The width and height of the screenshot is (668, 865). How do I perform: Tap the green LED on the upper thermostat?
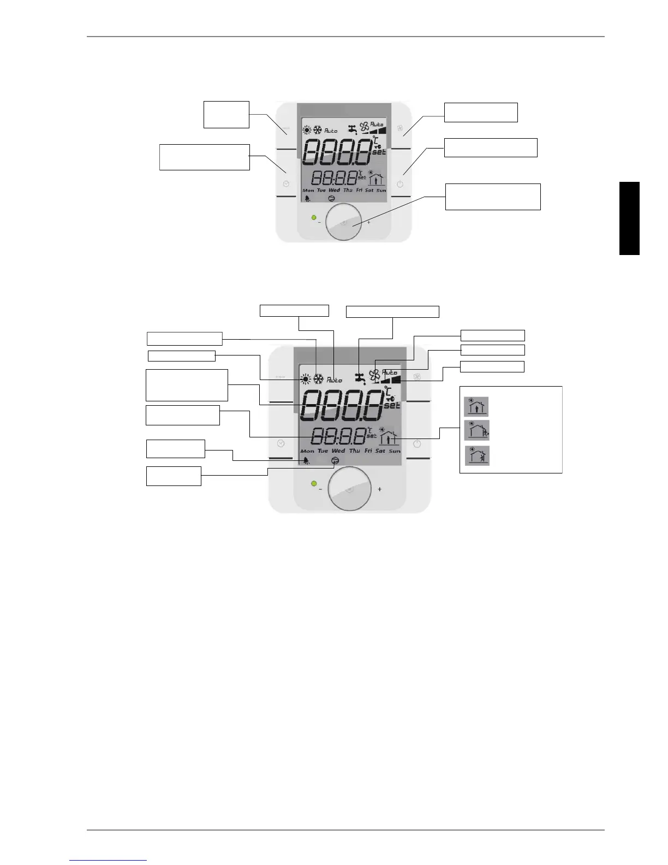point(314,218)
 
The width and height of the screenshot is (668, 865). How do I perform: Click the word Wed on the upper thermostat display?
point(335,190)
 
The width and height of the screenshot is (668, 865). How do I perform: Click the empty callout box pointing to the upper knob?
point(493,197)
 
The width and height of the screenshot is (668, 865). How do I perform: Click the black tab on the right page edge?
point(629,218)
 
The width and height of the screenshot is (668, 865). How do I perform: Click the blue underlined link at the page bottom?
point(109,860)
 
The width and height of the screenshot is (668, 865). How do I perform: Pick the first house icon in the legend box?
point(476,407)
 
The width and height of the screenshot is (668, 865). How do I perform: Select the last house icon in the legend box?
point(478,455)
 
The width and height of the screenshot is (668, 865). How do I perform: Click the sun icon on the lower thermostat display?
point(305,379)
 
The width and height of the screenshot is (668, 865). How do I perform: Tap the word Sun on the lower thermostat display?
point(395,451)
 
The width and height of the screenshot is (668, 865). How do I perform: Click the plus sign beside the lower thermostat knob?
point(379,489)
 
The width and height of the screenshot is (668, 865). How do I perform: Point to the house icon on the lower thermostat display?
point(387,438)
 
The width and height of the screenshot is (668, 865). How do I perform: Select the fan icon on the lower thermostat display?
point(374,375)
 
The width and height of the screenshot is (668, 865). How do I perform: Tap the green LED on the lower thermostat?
point(314,484)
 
